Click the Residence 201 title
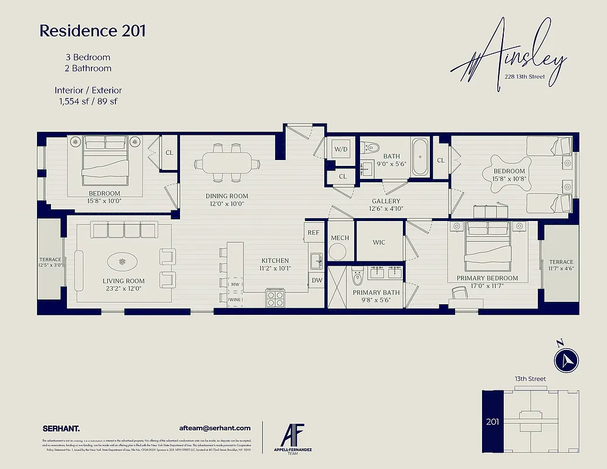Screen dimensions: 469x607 coord(93,31)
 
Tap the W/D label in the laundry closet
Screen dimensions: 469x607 coord(340,149)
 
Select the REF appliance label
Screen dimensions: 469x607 coord(314,233)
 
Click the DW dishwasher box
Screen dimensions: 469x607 coord(317,281)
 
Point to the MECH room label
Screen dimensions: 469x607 coord(340,238)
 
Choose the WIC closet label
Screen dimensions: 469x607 coord(379,242)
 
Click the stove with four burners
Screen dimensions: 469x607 coord(275,298)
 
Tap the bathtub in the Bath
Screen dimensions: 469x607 coord(420,157)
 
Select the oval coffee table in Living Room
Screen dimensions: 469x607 coord(123,261)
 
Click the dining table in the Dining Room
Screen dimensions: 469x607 coord(227,162)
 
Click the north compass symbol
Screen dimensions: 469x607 coord(567,360)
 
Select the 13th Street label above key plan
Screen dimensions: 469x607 coord(530,379)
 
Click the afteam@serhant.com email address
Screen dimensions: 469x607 coord(214,428)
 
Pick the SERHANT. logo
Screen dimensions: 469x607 coord(61,428)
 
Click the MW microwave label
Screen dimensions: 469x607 coord(235,284)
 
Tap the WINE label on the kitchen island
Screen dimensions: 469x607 coord(235,300)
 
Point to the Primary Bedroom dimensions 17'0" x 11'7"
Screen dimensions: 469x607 coord(487,287)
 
